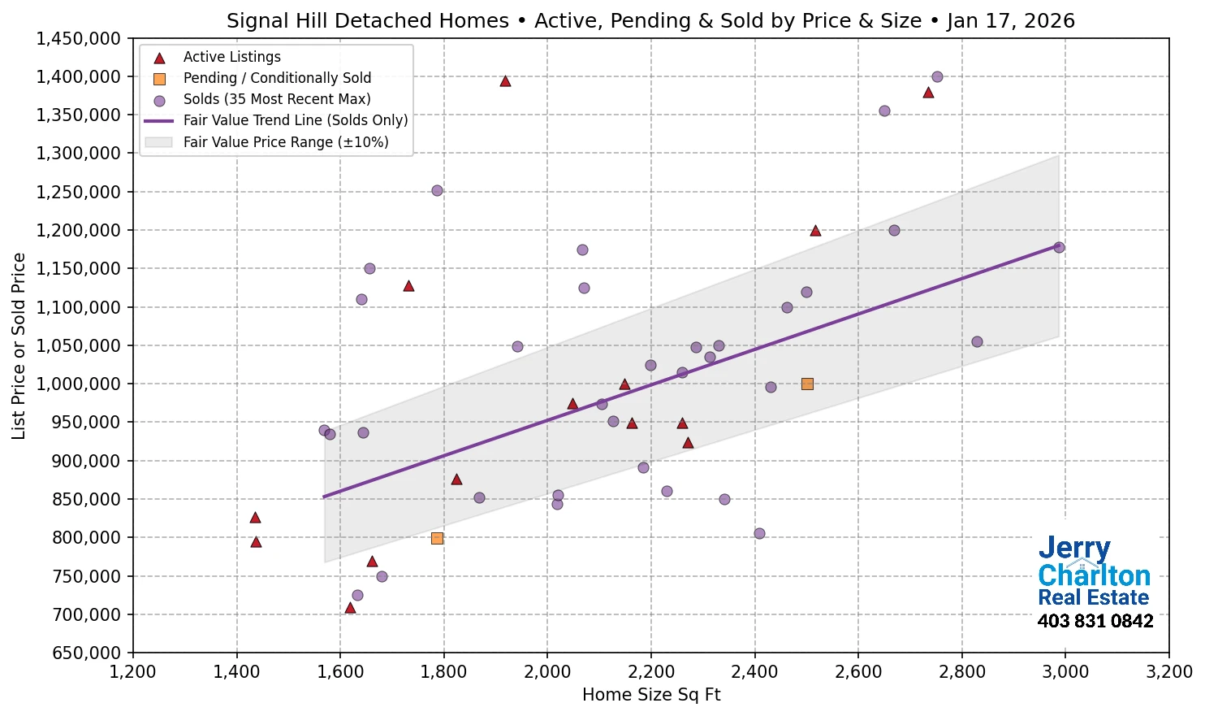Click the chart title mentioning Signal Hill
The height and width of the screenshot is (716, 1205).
tap(650, 21)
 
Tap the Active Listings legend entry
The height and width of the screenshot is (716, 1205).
tap(231, 57)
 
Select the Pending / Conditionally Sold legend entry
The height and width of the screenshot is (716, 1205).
tap(276, 78)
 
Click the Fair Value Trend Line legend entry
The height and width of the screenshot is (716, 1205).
tap(295, 120)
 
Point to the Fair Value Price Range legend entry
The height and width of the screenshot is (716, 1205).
tap(285, 142)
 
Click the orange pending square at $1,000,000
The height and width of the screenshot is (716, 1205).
tap(807, 384)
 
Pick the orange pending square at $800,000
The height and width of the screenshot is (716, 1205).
tap(437, 538)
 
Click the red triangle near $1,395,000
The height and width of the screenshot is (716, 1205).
tap(505, 81)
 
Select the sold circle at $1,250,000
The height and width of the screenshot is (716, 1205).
tap(437, 191)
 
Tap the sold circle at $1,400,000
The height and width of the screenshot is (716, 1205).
tap(937, 77)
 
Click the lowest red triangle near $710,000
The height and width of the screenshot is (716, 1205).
tap(350, 608)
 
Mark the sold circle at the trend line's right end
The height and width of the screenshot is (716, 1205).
tap(1059, 248)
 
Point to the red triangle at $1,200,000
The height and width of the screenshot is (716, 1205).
tap(815, 231)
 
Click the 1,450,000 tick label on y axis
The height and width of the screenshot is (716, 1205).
tap(78, 39)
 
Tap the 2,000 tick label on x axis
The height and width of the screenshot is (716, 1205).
tap(547, 672)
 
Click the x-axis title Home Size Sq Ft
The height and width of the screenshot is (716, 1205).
tap(651, 695)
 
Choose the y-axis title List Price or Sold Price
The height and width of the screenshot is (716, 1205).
tap(19, 346)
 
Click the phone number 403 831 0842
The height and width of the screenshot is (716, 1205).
tap(1095, 622)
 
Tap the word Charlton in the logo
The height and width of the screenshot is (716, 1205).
tap(1094, 575)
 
